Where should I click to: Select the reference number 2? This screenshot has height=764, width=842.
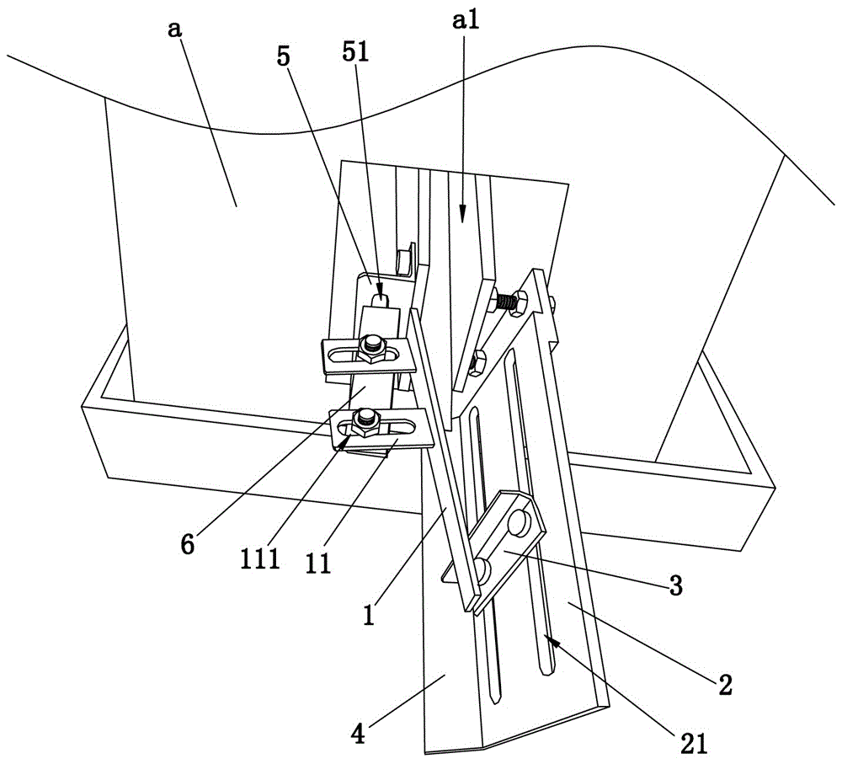723,684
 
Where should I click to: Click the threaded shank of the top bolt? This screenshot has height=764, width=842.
505,301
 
